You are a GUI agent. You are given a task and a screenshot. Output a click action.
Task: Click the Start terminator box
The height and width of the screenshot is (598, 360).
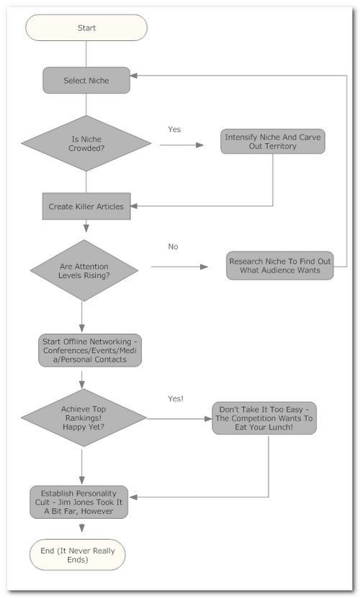click(86, 27)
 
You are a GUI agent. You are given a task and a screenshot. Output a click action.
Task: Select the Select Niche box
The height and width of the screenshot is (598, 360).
click(86, 81)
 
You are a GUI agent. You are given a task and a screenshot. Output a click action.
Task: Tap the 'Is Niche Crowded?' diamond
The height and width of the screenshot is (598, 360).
click(86, 143)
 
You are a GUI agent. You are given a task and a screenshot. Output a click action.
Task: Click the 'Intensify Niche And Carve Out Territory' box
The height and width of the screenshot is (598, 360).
click(273, 141)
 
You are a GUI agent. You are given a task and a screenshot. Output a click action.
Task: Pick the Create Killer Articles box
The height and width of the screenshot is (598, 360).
click(86, 206)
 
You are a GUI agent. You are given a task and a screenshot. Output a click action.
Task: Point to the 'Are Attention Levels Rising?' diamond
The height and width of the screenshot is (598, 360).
click(84, 270)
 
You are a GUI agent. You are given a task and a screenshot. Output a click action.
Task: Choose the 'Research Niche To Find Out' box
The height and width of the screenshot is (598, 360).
click(280, 266)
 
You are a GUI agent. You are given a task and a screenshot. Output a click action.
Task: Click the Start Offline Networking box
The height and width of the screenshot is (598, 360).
click(90, 350)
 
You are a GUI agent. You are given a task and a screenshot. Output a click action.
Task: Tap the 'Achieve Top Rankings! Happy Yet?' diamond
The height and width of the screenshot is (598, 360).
click(84, 418)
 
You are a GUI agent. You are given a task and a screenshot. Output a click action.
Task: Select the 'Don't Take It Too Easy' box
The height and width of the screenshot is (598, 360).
click(264, 418)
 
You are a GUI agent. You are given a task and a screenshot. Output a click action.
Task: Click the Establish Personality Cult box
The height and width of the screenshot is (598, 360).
click(79, 502)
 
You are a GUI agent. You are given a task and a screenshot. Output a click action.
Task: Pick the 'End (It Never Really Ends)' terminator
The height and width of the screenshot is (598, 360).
click(77, 555)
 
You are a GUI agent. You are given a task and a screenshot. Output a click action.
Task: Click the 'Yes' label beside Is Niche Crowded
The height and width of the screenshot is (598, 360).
click(174, 129)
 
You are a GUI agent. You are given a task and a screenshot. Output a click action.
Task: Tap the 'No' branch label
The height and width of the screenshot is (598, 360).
click(173, 246)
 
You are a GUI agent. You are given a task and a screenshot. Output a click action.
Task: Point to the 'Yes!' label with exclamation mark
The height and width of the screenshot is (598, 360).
click(176, 398)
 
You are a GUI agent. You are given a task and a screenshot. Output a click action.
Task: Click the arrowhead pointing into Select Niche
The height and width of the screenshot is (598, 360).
click(134, 76)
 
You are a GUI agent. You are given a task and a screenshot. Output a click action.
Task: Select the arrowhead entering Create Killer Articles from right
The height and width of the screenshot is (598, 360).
click(134, 206)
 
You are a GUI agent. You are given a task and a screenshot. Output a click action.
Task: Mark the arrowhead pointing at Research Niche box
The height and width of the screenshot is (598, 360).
click(204, 267)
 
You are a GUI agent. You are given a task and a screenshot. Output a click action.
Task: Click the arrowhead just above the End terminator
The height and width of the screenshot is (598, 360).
click(81, 528)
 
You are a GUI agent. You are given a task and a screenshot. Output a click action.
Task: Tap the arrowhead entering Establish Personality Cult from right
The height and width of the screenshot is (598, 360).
click(132, 497)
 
